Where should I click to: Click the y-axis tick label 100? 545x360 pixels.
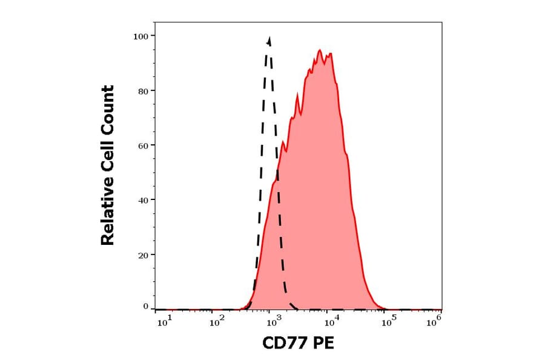tap(140, 36)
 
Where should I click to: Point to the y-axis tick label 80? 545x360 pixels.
tap(143, 91)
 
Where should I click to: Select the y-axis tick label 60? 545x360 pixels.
tap(143, 145)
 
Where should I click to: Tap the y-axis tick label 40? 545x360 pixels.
tap(143, 200)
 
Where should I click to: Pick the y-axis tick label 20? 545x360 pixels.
tap(143, 255)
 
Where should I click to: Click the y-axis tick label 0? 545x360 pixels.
tap(145, 307)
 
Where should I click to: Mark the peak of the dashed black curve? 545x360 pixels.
tap(269, 38)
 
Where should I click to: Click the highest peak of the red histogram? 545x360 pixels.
tap(320, 50)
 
